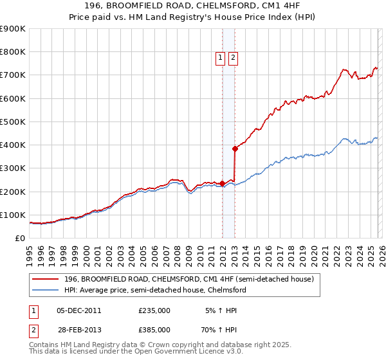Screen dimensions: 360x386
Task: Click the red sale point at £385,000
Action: tap(235, 148)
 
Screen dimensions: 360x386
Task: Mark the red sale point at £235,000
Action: tap(222, 183)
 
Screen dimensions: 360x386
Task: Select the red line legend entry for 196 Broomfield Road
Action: tap(188, 279)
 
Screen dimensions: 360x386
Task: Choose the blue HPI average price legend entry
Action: tap(155, 291)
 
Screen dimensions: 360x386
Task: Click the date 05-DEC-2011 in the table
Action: tap(79, 310)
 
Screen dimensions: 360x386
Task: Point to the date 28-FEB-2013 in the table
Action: tap(79, 329)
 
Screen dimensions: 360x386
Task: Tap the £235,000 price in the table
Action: tap(154, 310)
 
